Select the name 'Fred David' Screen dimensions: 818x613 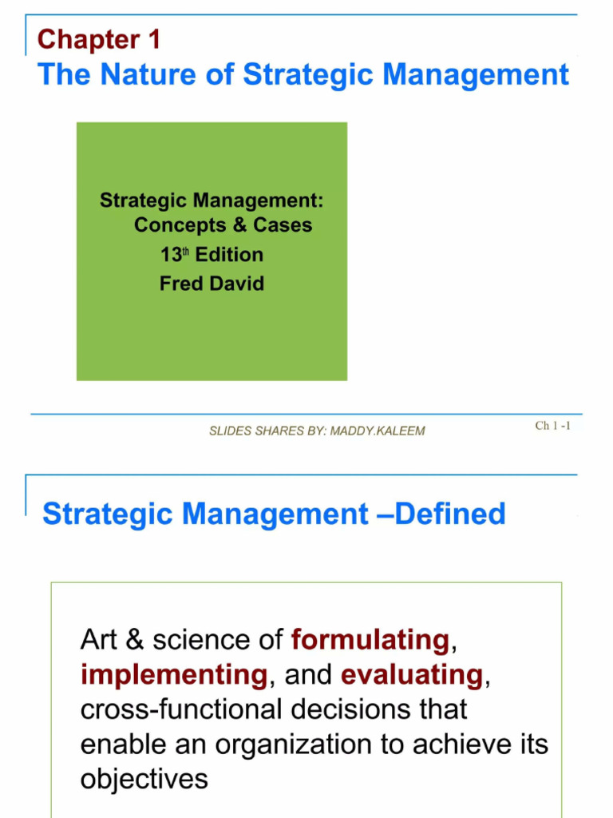212,284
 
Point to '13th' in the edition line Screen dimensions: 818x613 175,255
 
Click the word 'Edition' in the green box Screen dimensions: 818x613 230,255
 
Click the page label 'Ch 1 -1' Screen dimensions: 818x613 552,426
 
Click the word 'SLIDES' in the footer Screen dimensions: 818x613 231,431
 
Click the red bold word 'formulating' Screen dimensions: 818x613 370,640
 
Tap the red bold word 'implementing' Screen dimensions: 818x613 173,675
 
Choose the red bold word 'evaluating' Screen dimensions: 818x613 412,675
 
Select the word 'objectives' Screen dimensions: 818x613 144,779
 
